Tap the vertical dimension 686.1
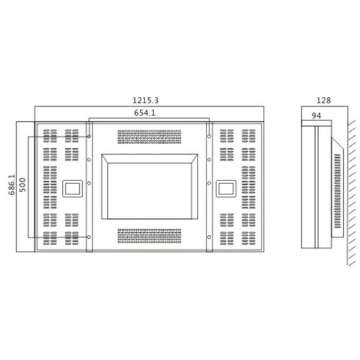pyautogui.click(x=11, y=184)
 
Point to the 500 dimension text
pyautogui.click(x=23, y=185)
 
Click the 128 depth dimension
pyautogui.click(x=323, y=101)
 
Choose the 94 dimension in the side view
pyautogui.click(x=316, y=115)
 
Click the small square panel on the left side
pyautogui.click(x=73, y=188)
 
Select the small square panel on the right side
pyautogui.click(x=226, y=188)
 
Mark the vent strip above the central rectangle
pyautogui.click(x=149, y=137)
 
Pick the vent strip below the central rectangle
pyautogui.click(x=149, y=236)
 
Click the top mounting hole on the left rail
pyautogui.click(x=89, y=136)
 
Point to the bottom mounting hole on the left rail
pyautogui.click(x=89, y=238)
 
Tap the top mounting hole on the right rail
pyautogui.click(x=209, y=136)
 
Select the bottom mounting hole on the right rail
pyautogui.click(x=209, y=238)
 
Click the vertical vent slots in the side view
pyautogui.click(x=337, y=190)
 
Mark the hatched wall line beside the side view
pyautogui.click(x=351, y=192)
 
